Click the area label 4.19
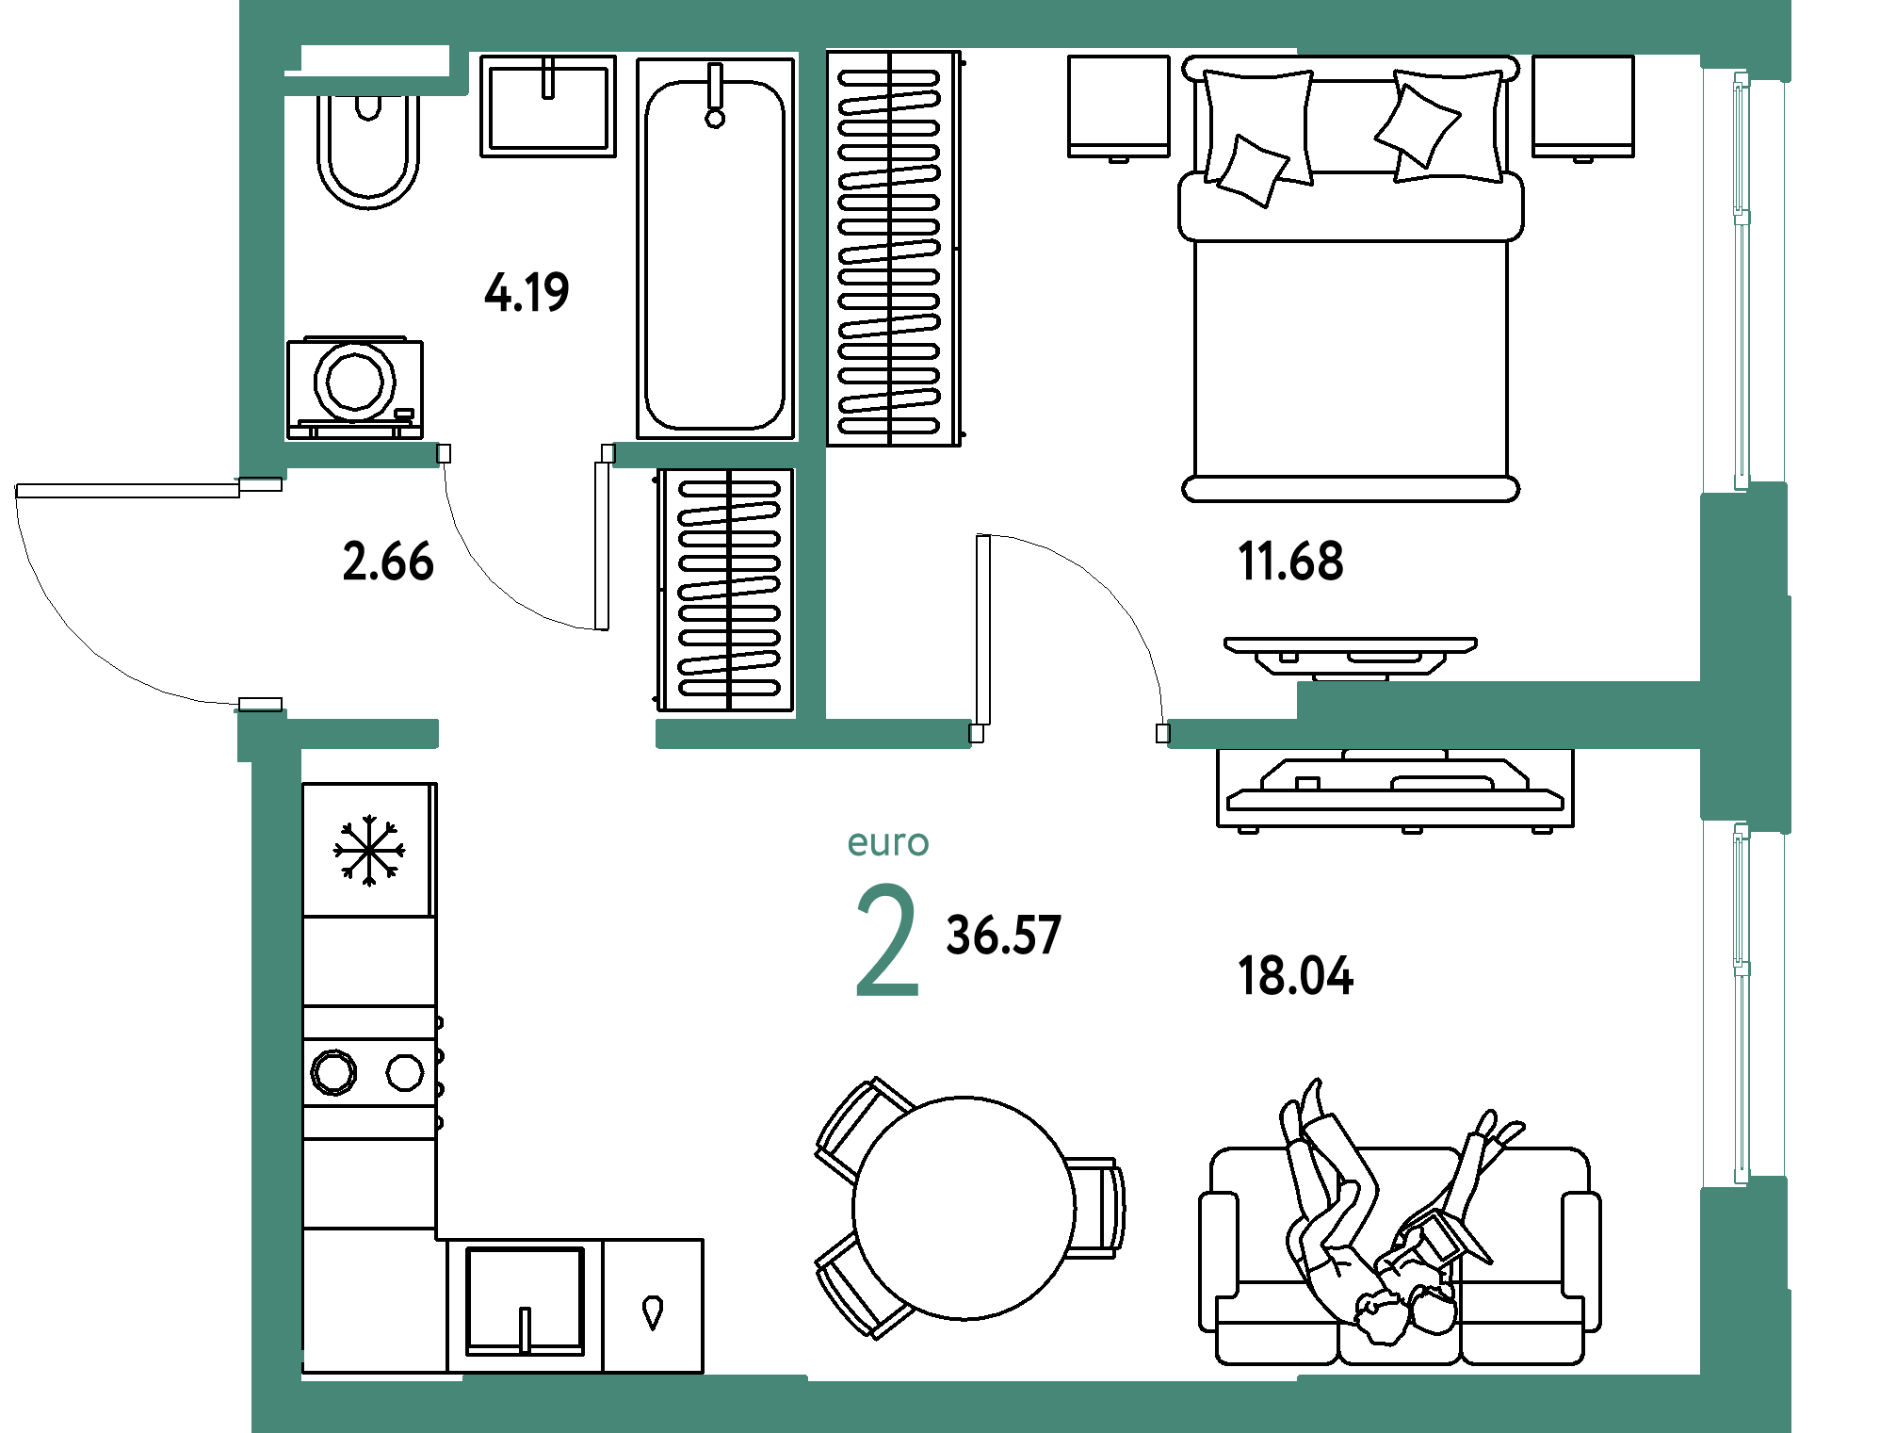coord(527,292)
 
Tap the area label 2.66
coord(387,562)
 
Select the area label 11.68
coord(1291,562)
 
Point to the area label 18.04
coord(1295,975)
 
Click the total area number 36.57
coord(1004,936)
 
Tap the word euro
coord(888,842)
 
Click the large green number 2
coord(886,942)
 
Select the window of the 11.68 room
coord(1742,283)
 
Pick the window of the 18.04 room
coord(1742,1003)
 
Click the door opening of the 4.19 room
coord(526,455)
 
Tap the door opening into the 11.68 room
coord(1069,733)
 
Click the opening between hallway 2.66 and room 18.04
coord(546,733)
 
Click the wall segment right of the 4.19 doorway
coord(706,455)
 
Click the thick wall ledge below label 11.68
coord(1498,699)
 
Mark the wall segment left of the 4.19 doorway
coord(361,455)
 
